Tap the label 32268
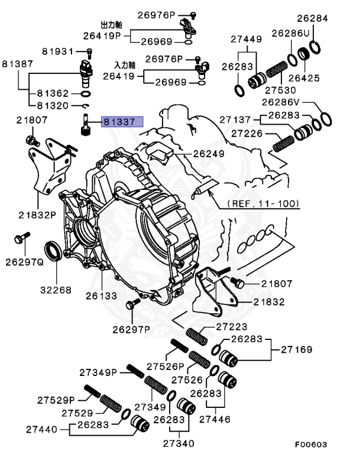[56, 290]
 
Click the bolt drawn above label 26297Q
[18, 239]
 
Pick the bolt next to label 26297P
[131, 304]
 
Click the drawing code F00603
[311, 444]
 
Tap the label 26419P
[102, 35]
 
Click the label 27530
[281, 90]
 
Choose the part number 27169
[297, 349]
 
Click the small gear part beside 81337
[85, 127]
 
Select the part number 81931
[58, 51]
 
